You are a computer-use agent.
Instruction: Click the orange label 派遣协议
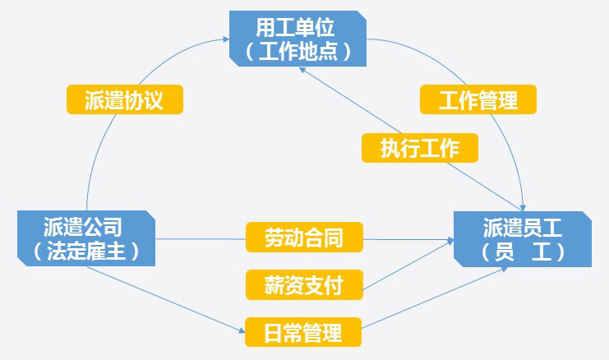124,100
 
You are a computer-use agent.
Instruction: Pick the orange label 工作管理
478,100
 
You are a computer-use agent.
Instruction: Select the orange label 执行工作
419,148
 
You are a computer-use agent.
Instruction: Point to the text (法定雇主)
85,251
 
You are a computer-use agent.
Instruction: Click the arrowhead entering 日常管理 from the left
241,333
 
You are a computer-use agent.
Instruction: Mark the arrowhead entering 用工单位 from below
299,68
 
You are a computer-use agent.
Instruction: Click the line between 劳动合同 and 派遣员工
407,240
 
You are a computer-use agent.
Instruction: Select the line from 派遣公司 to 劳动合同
201,239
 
